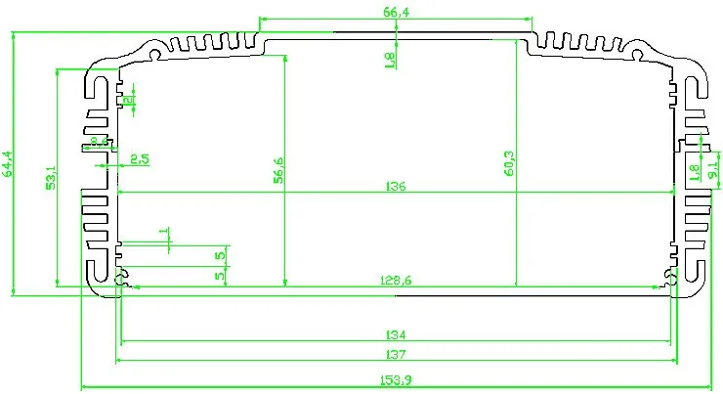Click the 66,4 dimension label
coord(397,11)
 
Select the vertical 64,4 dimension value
coord(9,163)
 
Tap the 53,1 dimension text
coord(51,178)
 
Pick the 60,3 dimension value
coord(509,162)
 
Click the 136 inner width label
coord(396,186)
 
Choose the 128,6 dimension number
coord(396,280)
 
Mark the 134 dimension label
coord(396,333)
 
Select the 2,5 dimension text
coord(139,158)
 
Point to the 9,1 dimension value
coord(712,169)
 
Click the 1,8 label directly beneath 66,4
coord(390,60)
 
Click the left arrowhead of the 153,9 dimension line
coord(84,387)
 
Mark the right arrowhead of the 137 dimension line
coord(671,361)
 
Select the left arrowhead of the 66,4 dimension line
coord(265,19)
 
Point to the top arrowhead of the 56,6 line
coord(285,58)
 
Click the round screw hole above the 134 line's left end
coord(120,280)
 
